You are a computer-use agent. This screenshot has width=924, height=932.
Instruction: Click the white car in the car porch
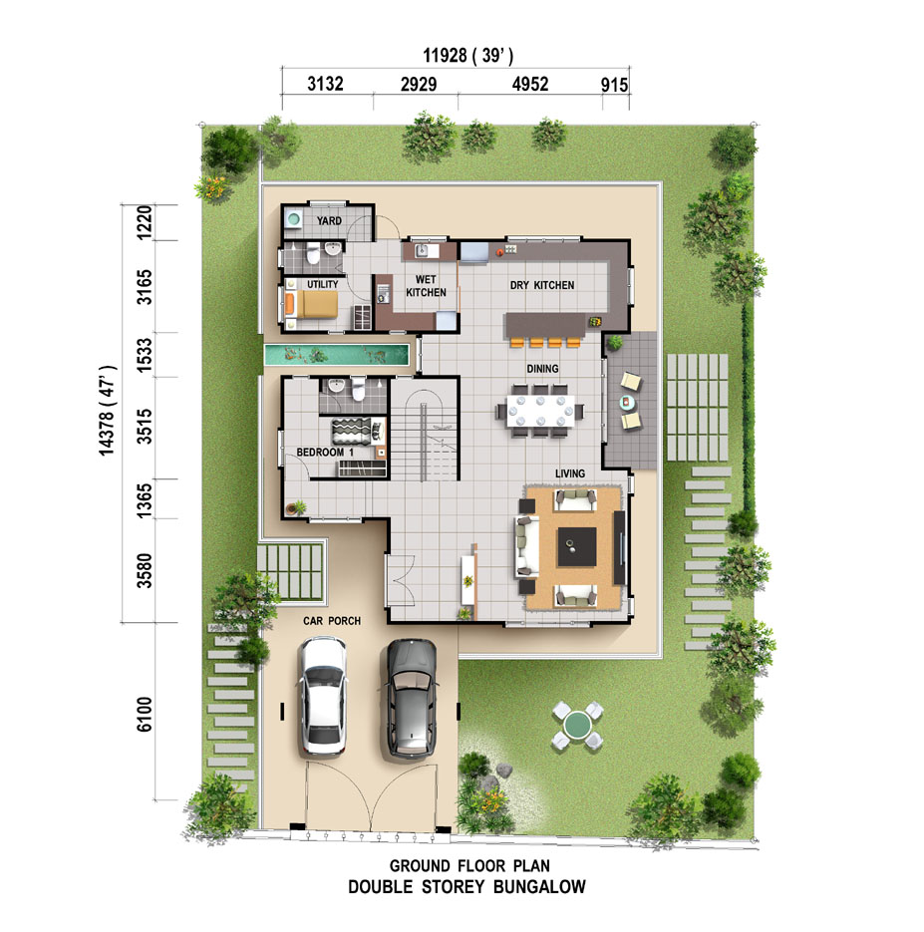[x=322, y=696]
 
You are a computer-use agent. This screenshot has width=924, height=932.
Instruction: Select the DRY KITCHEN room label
[x=542, y=285]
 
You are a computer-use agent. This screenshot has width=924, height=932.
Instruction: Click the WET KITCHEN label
[x=426, y=286]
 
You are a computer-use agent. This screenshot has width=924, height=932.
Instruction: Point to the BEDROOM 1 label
[x=325, y=453]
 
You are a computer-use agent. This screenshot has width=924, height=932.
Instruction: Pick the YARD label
[x=329, y=220]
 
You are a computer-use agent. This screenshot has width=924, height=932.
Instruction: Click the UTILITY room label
[x=323, y=284]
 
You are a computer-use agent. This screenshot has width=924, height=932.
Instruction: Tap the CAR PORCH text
[x=332, y=621]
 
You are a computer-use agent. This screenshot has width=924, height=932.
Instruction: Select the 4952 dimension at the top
[x=530, y=84]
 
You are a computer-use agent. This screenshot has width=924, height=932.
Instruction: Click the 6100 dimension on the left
[x=145, y=714]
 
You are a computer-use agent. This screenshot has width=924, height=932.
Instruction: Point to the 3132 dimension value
[x=325, y=84]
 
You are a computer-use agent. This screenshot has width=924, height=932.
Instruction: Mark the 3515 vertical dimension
[x=145, y=427]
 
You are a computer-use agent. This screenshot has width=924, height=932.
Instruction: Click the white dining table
[x=540, y=410]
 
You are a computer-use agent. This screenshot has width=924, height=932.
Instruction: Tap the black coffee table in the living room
[x=576, y=547]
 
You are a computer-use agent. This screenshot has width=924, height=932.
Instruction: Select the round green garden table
[x=577, y=725]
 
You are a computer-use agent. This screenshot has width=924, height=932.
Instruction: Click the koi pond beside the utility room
[x=337, y=356]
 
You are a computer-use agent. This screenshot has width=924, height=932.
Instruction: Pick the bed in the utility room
[x=311, y=304]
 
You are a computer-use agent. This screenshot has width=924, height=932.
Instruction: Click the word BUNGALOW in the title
[x=539, y=887]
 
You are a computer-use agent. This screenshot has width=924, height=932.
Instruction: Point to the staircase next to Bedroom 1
[x=425, y=430]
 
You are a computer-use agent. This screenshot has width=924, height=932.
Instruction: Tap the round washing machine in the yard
[x=293, y=218]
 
